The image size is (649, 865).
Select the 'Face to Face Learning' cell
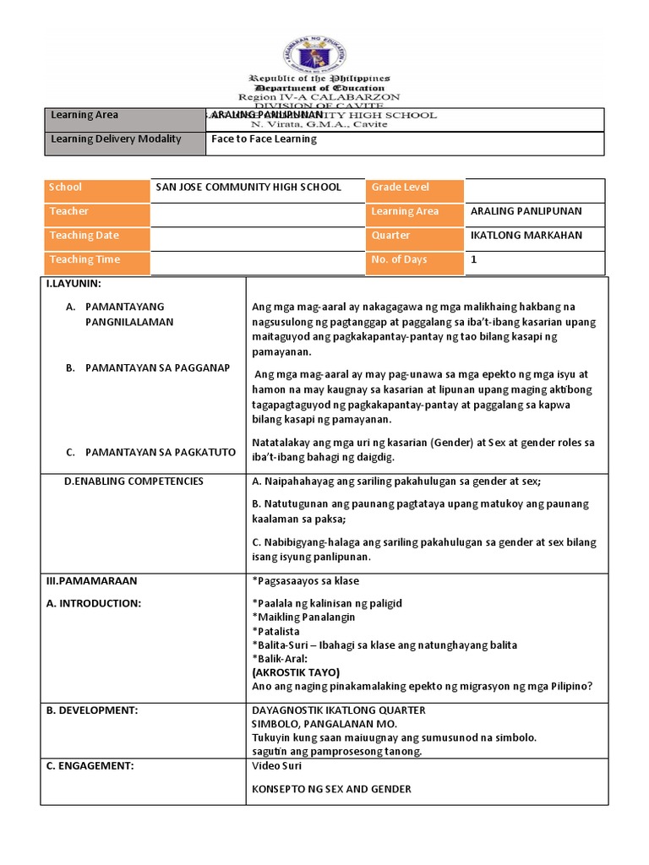pos(264,139)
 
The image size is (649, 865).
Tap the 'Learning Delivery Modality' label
pos(117,139)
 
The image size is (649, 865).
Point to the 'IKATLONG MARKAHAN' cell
pos(526,236)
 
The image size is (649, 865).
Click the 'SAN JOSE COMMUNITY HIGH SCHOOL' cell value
pos(248,188)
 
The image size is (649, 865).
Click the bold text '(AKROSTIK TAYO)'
pos(296,672)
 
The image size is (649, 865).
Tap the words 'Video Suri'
pos(277,766)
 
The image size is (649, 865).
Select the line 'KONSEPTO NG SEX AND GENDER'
pos(331,790)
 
